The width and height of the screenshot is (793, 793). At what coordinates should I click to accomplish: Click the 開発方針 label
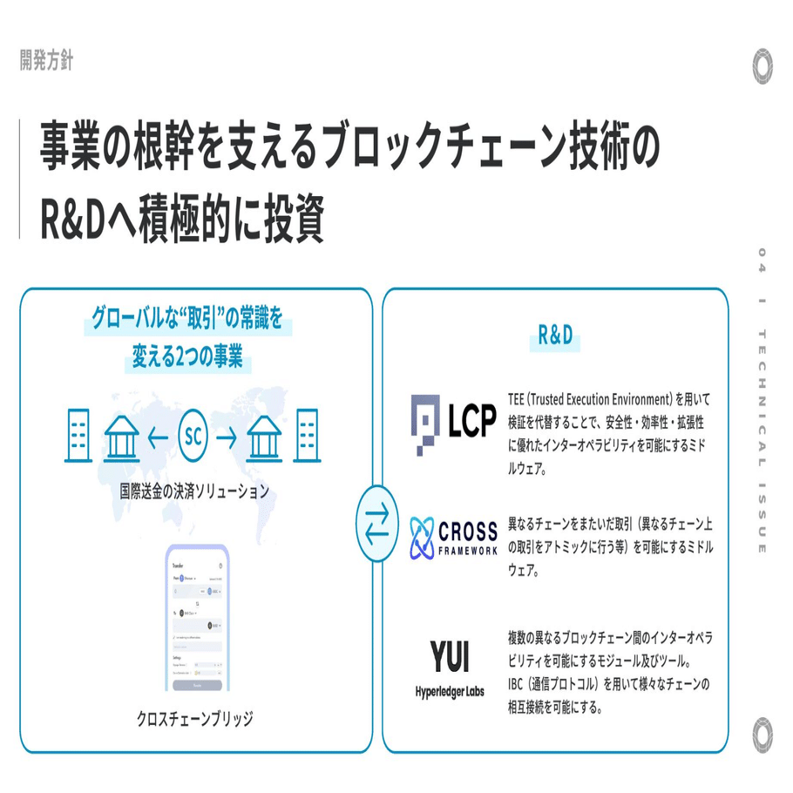(47, 61)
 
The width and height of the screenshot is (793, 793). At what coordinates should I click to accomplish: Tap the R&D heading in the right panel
(554, 335)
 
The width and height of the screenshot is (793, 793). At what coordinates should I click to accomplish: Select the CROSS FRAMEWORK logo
(454, 537)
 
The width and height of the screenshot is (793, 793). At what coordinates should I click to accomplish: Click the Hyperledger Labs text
(450, 691)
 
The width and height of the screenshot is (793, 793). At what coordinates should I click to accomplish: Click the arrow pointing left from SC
(158, 437)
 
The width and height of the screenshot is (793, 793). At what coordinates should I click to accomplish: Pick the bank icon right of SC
(265, 436)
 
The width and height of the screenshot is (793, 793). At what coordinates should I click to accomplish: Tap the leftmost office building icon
(79, 435)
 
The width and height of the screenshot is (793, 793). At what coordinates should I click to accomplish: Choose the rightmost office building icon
(307, 435)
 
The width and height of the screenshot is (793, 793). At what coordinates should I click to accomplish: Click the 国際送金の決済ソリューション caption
(194, 491)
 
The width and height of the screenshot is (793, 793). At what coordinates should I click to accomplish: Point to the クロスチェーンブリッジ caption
(195, 719)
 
